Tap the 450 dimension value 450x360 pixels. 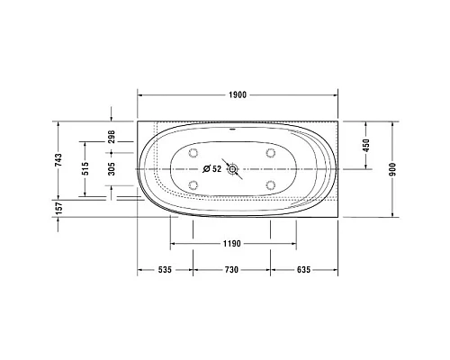[x=366, y=145]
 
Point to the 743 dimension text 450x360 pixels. [x=58, y=161]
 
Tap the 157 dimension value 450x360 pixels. [x=58, y=208]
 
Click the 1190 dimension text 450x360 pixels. [x=231, y=244]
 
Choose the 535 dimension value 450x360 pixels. [x=165, y=269]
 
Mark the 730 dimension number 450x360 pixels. [x=231, y=269]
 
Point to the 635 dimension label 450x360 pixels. [x=303, y=269]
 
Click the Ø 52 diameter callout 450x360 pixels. [x=213, y=168]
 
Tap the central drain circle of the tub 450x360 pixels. [x=234, y=168]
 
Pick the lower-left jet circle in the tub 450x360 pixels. [x=193, y=184]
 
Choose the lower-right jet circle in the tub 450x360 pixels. [x=269, y=184]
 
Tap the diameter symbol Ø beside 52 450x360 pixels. [x=206, y=168]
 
